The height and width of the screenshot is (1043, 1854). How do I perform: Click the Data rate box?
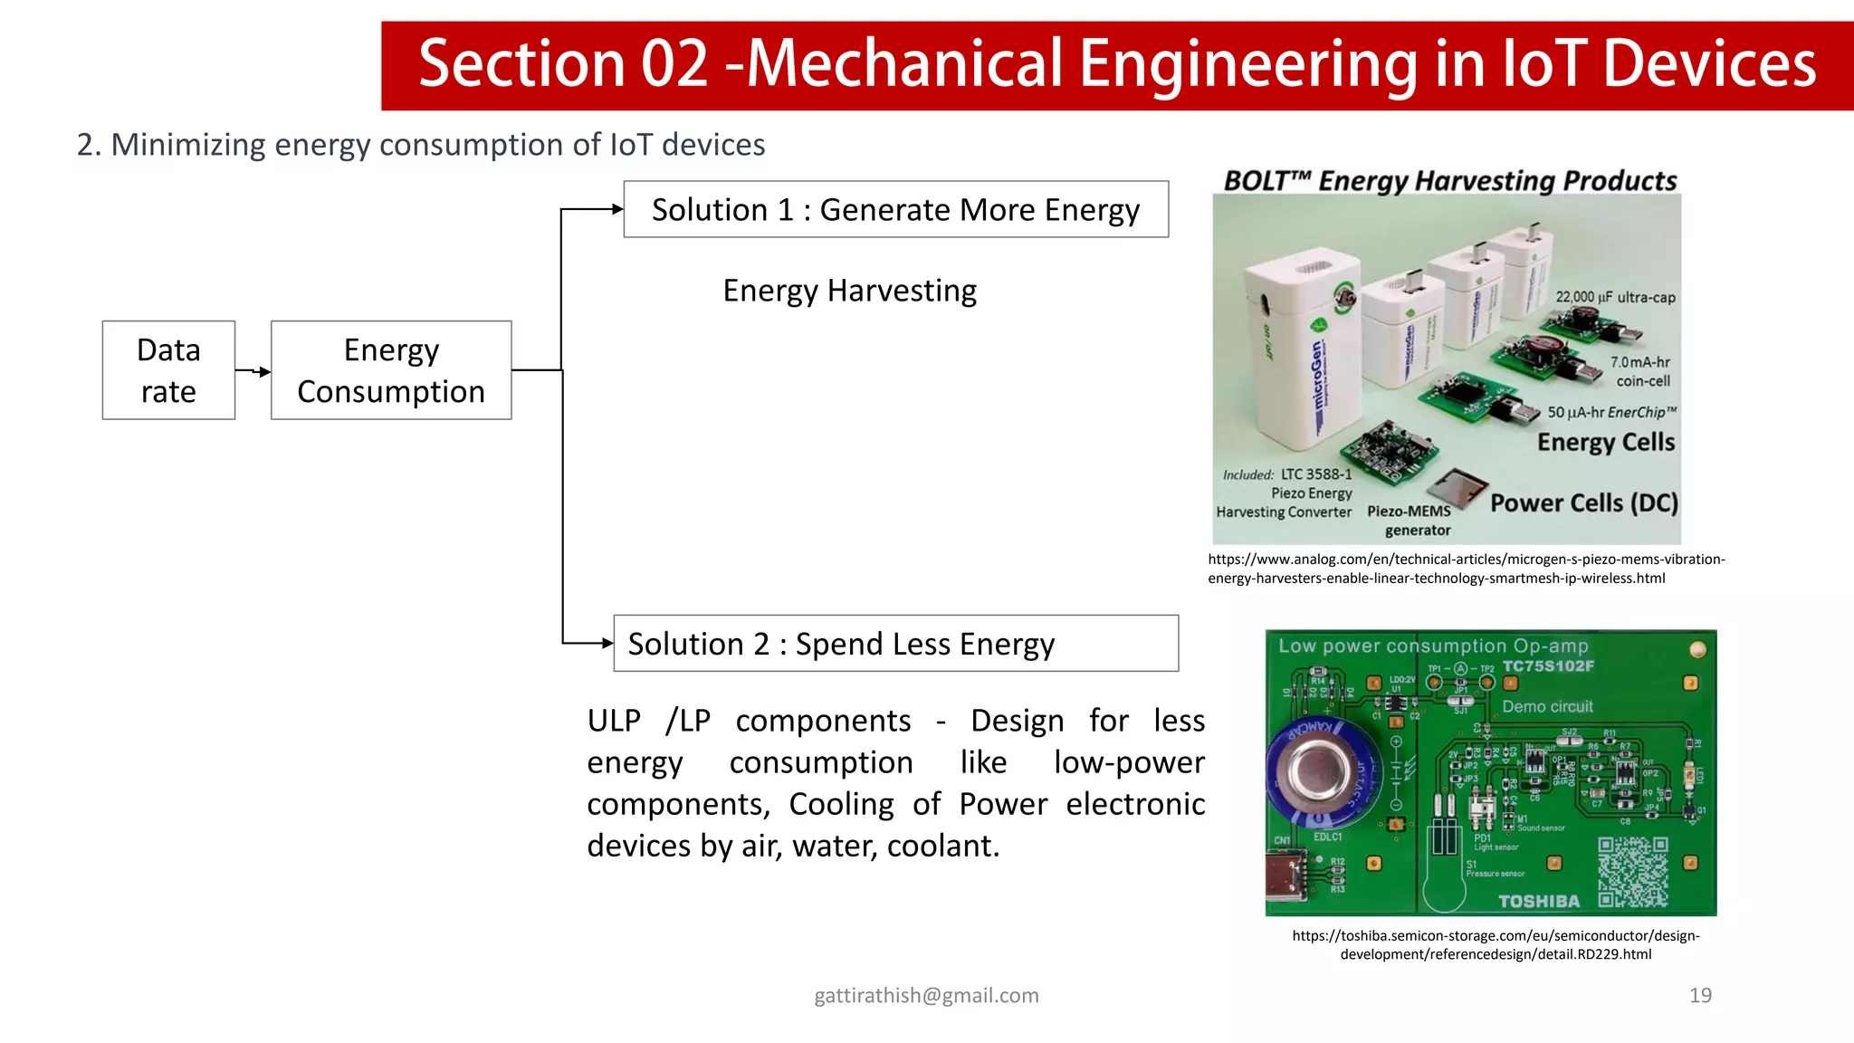[x=168, y=370]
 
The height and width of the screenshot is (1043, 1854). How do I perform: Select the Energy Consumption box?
[x=391, y=370]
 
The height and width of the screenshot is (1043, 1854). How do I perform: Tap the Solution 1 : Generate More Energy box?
[x=895, y=209]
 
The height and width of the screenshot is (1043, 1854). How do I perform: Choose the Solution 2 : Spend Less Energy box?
[x=895, y=644]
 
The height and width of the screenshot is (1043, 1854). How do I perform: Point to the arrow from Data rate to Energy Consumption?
[x=254, y=371]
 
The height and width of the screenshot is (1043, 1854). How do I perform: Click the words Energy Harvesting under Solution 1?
[x=849, y=291]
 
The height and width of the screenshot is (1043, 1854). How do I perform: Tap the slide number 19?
[x=1700, y=995]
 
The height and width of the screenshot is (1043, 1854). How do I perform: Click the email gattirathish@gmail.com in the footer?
[x=926, y=995]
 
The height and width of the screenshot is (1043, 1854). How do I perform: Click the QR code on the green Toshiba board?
[x=1632, y=871]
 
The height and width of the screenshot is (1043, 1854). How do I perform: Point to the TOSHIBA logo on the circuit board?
[x=1538, y=901]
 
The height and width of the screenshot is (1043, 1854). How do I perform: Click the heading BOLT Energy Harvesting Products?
[x=1449, y=181]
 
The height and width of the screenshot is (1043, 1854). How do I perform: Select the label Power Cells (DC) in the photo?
[x=1583, y=502]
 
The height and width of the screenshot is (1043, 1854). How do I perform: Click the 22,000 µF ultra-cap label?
[x=1615, y=297]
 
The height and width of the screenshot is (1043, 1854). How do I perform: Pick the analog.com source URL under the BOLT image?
[x=1466, y=569]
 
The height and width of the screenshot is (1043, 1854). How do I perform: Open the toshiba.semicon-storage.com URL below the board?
[x=1496, y=944]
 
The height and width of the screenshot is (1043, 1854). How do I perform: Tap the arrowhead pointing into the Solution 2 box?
[x=607, y=644]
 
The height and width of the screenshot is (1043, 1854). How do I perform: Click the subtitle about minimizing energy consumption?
[x=421, y=145]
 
